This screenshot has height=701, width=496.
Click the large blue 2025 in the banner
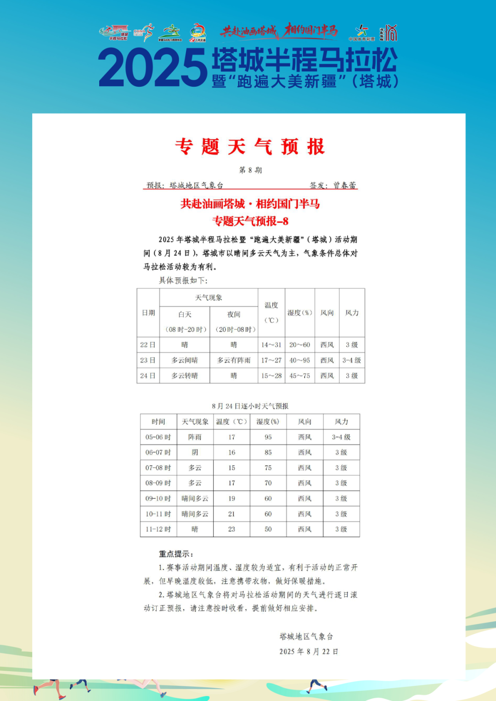tap(153, 68)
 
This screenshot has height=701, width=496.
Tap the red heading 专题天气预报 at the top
tap(250, 147)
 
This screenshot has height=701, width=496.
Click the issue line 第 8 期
tap(250, 170)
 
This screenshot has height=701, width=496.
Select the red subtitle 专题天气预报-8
tap(250, 221)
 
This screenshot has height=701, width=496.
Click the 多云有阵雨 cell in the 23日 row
tap(234, 361)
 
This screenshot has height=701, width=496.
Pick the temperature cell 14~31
tap(271, 345)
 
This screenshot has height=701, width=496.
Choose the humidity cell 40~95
tap(299, 361)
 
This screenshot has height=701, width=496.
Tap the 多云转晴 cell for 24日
tap(185, 376)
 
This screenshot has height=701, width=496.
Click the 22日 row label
tap(148, 345)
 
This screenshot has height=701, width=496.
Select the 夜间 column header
tap(234, 315)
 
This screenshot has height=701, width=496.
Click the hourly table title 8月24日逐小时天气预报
tap(250, 406)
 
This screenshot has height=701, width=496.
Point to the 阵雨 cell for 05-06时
tap(195, 437)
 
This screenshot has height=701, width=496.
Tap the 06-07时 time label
tap(158, 452)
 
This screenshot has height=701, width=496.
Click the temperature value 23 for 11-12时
tap(231, 529)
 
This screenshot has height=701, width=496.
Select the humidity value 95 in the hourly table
tap(268, 437)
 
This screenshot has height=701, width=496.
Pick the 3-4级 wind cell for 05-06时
tap(341, 437)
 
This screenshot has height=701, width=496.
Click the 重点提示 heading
tap(176, 554)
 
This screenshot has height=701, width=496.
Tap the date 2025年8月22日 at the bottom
tap(309, 651)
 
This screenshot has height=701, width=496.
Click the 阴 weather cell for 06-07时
tap(195, 452)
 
